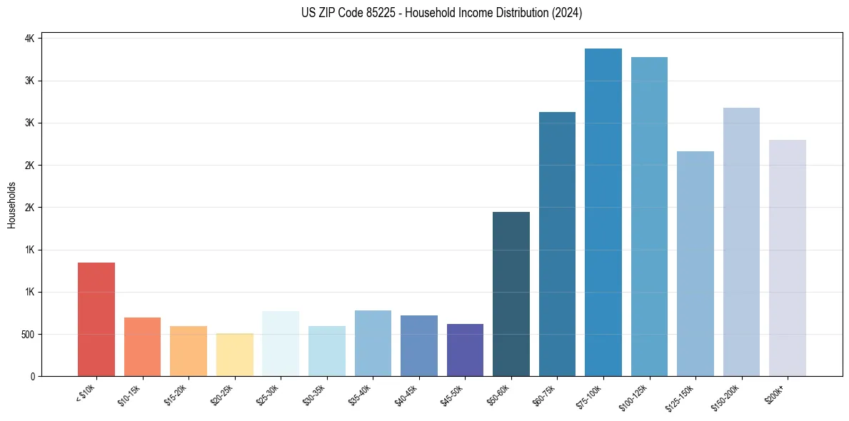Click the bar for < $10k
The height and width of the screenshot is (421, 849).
tap(96, 319)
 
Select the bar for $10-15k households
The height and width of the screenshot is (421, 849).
tap(142, 347)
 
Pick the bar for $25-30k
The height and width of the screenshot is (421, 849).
tap(281, 343)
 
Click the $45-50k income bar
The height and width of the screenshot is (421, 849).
tap(465, 350)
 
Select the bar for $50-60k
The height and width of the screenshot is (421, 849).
tap(511, 294)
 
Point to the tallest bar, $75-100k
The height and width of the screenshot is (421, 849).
tap(603, 212)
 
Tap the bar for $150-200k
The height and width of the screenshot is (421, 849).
tap(741, 242)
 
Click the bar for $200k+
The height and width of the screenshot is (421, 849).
tap(788, 258)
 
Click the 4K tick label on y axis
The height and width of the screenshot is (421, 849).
tap(30, 39)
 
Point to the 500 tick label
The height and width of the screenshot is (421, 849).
tap(26, 335)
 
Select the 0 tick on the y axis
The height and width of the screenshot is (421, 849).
tap(33, 377)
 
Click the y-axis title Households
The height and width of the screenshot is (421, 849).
tap(11, 205)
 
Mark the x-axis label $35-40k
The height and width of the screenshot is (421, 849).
tap(358, 393)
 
